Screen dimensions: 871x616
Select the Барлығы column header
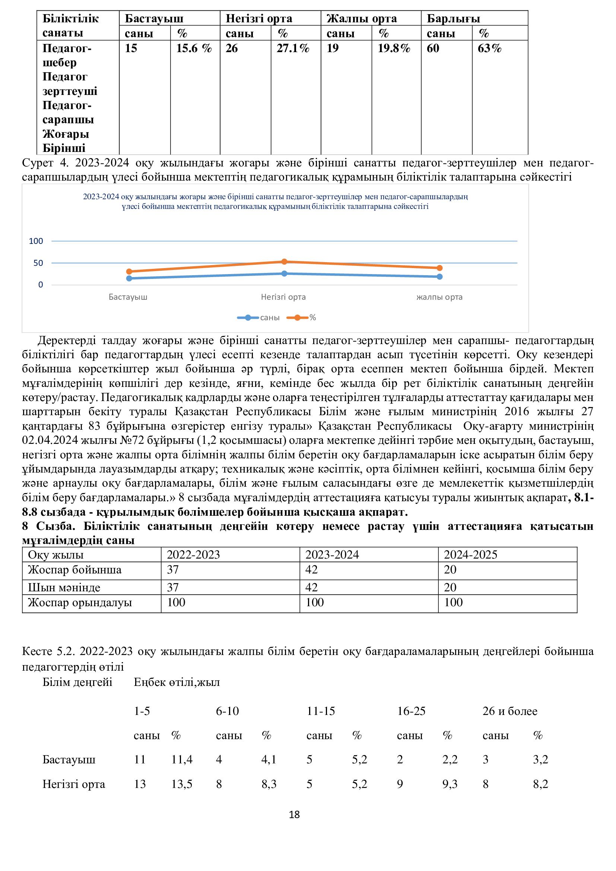(x=453, y=19)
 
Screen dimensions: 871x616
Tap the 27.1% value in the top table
(x=293, y=48)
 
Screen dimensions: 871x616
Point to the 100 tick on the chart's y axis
(x=36, y=241)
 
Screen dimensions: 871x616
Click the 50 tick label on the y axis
(x=38, y=263)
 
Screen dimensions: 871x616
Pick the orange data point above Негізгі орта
(x=285, y=261)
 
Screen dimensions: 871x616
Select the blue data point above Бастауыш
(x=129, y=278)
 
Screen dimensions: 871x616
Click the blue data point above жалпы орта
(x=439, y=277)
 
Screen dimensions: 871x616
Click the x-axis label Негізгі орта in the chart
(x=283, y=297)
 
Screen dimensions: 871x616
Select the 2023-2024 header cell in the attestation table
(x=332, y=554)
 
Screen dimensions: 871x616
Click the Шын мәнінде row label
(x=64, y=588)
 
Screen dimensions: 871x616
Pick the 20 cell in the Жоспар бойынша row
(x=450, y=570)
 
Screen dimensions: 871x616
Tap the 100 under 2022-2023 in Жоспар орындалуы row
(x=176, y=603)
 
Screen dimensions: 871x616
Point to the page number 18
(x=294, y=814)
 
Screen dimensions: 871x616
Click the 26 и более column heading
(x=510, y=711)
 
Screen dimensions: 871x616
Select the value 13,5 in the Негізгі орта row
(x=182, y=784)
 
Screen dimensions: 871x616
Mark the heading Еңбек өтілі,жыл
(x=177, y=682)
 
